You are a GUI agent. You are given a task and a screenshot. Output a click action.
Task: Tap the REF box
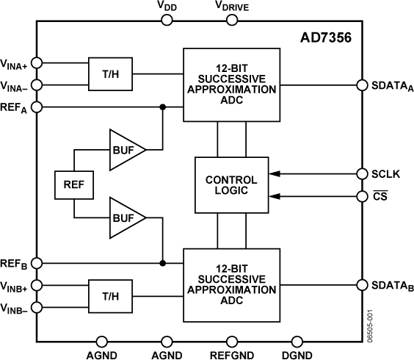(x=73, y=185)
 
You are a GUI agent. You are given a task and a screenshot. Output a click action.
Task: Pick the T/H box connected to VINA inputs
(x=109, y=73)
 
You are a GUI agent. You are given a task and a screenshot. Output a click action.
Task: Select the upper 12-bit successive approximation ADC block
(x=231, y=85)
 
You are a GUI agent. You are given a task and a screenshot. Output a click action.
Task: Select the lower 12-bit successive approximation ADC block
(x=231, y=285)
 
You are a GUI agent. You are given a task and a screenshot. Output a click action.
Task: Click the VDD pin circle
(x=168, y=20)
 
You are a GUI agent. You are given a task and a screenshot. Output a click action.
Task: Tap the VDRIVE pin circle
(x=232, y=20)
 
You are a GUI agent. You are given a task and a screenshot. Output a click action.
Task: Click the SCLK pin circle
(x=361, y=174)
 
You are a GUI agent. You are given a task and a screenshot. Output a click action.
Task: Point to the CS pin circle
(x=361, y=196)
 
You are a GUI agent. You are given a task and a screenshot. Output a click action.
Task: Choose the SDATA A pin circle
(x=361, y=85)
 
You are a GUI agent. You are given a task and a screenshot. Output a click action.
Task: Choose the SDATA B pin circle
(x=361, y=285)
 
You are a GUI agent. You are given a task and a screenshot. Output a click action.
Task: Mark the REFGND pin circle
(x=232, y=341)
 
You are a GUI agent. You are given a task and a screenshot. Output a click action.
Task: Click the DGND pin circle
(x=296, y=341)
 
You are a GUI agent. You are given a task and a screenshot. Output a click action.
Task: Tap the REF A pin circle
(x=37, y=107)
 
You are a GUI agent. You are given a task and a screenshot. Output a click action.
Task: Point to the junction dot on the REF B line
(x=162, y=262)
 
